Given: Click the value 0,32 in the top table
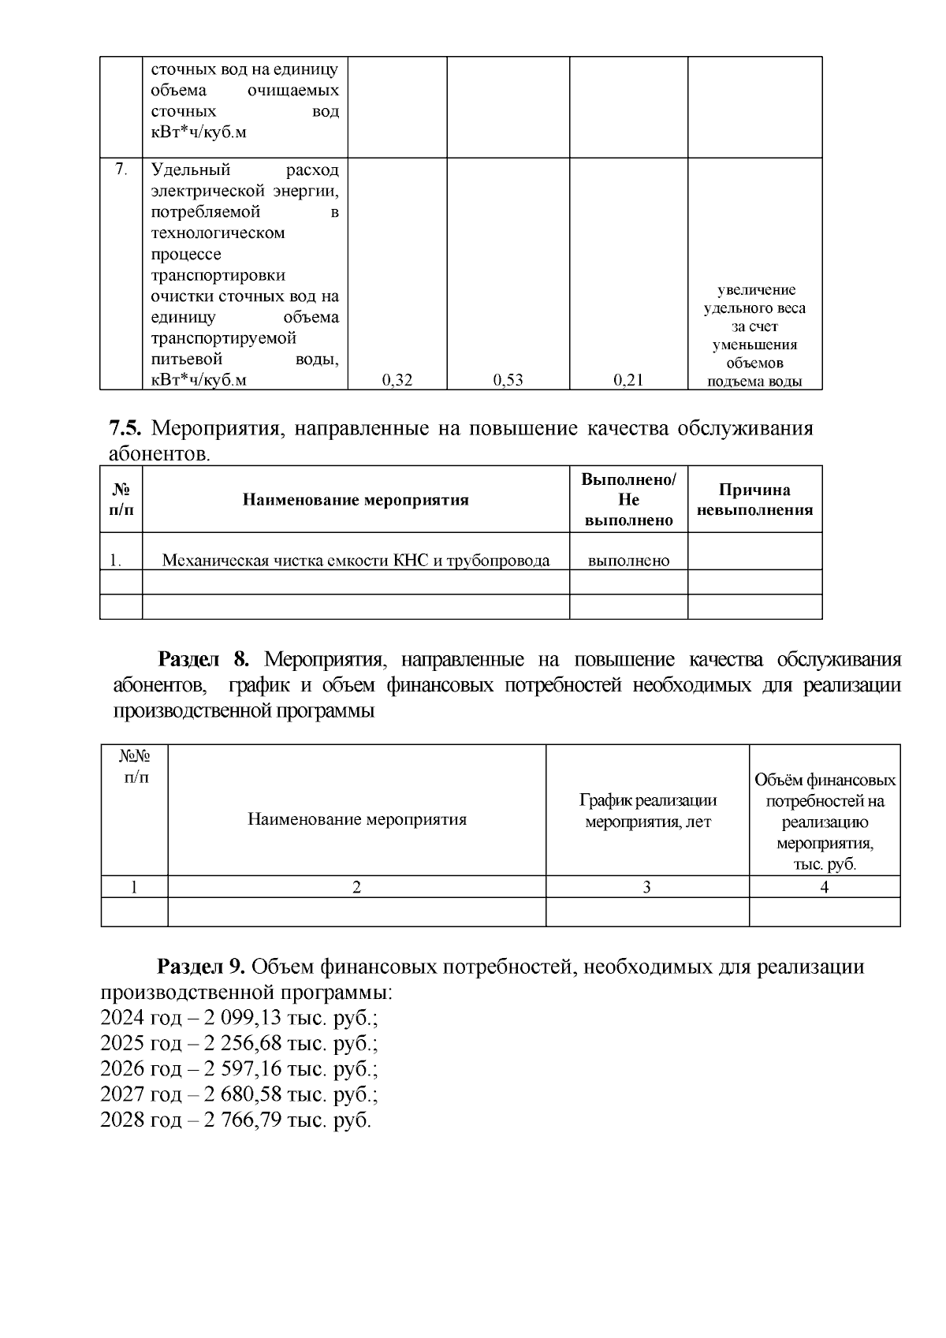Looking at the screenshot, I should click(x=397, y=380).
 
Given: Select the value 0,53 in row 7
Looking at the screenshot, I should click(x=508, y=380).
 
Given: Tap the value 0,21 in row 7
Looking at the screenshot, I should click(x=628, y=380).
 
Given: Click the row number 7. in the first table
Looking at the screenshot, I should click(x=121, y=169).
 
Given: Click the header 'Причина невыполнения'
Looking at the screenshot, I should click(x=754, y=500).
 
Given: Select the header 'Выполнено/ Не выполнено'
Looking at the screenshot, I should click(x=628, y=500).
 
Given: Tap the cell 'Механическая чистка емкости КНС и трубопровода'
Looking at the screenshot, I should click(x=356, y=561).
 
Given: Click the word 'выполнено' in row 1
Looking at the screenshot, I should click(x=628, y=561).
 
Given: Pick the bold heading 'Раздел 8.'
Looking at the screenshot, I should click(x=203, y=659).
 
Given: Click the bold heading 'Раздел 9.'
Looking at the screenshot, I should click(x=203, y=967).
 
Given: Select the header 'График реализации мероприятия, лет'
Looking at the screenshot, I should click(x=647, y=811).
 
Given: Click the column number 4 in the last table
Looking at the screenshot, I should click(x=825, y=887).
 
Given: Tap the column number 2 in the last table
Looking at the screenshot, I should click(x=356, y=887).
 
